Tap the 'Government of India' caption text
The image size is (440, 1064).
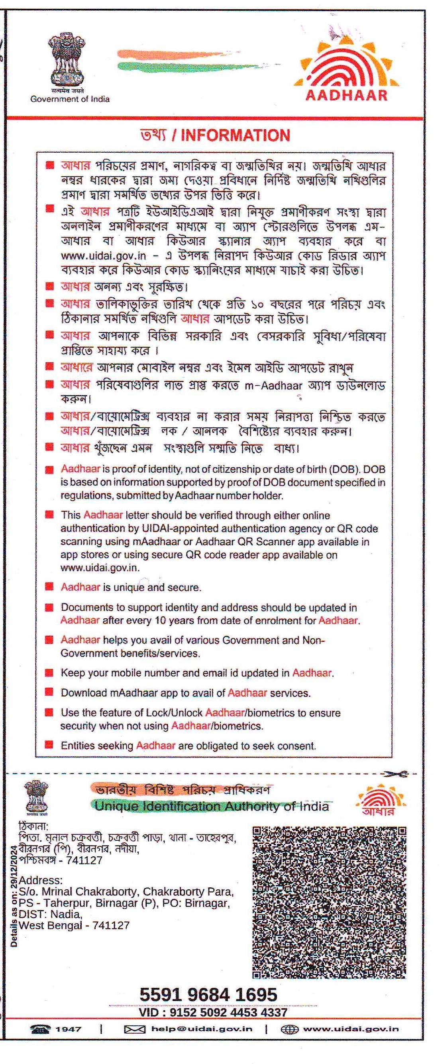[70, 99]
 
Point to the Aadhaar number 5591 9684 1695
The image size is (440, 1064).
[208, 995]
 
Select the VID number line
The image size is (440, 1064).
[212, 1012]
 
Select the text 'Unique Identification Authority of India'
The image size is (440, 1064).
[212, 806]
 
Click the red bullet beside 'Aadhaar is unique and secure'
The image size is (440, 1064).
[49, 586]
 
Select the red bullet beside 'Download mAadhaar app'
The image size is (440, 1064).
[49, 692]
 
